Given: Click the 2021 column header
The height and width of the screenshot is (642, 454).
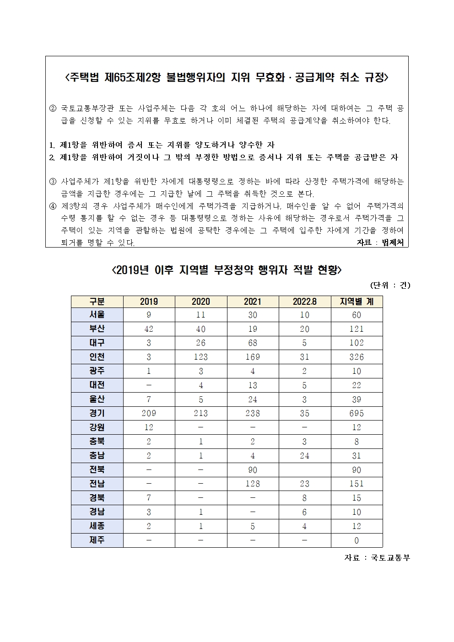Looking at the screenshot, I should (x=253, y=301).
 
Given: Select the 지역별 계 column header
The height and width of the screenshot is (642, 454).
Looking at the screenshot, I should (x=357, y=301).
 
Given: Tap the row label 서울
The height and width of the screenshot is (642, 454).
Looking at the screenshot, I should (x=97, y=315).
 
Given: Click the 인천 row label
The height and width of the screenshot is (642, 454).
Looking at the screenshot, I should (x=97, y=357).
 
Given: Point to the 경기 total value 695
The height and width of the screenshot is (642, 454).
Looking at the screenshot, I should (x=357, y=413).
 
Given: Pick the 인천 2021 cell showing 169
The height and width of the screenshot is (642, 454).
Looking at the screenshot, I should (x=253, y=357).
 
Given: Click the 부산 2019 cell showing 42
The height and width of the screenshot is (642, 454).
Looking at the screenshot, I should (x=149, y=329).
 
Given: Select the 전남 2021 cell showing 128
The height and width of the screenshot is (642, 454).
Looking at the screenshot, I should (x=253, y=484).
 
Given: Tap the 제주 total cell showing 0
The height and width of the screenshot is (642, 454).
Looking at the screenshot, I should (x=357, y=540).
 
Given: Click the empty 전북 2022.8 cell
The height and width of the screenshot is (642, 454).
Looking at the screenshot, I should (x=304, y=470).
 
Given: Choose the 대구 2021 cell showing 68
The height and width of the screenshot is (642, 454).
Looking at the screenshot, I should (x=253, y=343).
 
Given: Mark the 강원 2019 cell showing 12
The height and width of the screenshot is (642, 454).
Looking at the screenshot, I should (x=149, y=427).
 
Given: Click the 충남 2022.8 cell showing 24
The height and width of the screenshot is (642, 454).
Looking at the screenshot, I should (x=304, y=456).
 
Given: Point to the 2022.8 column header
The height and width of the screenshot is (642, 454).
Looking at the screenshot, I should (x=304, y=301).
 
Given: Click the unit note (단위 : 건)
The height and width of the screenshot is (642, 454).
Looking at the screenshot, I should (x=390, y=285).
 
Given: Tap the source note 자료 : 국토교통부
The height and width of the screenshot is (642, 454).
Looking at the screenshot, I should (x=377, y=558).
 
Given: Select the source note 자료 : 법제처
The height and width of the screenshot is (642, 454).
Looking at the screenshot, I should (x=380, y=243).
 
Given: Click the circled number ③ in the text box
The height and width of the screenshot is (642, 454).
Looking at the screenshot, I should (x=53, y=182).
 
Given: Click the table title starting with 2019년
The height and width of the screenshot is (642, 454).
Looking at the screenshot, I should (x=227, y=270).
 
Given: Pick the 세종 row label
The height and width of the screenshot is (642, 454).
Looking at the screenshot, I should (x=97, y=526).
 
